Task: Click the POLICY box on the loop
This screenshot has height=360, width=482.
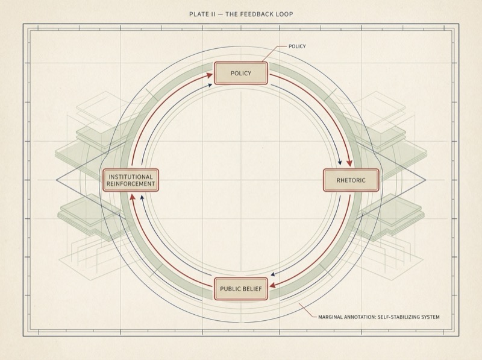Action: [240, 74]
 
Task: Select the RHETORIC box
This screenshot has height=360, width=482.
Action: [351, 180]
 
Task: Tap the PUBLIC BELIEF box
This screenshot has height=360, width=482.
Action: [240, 289]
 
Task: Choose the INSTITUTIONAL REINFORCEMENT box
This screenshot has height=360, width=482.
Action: [131, 180]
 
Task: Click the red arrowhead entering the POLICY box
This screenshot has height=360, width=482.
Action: [210, 75]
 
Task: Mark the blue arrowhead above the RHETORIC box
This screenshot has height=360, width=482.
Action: [341, 163]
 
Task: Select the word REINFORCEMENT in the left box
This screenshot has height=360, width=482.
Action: [131, 184]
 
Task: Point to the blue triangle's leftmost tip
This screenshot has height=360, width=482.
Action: [57, 180]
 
